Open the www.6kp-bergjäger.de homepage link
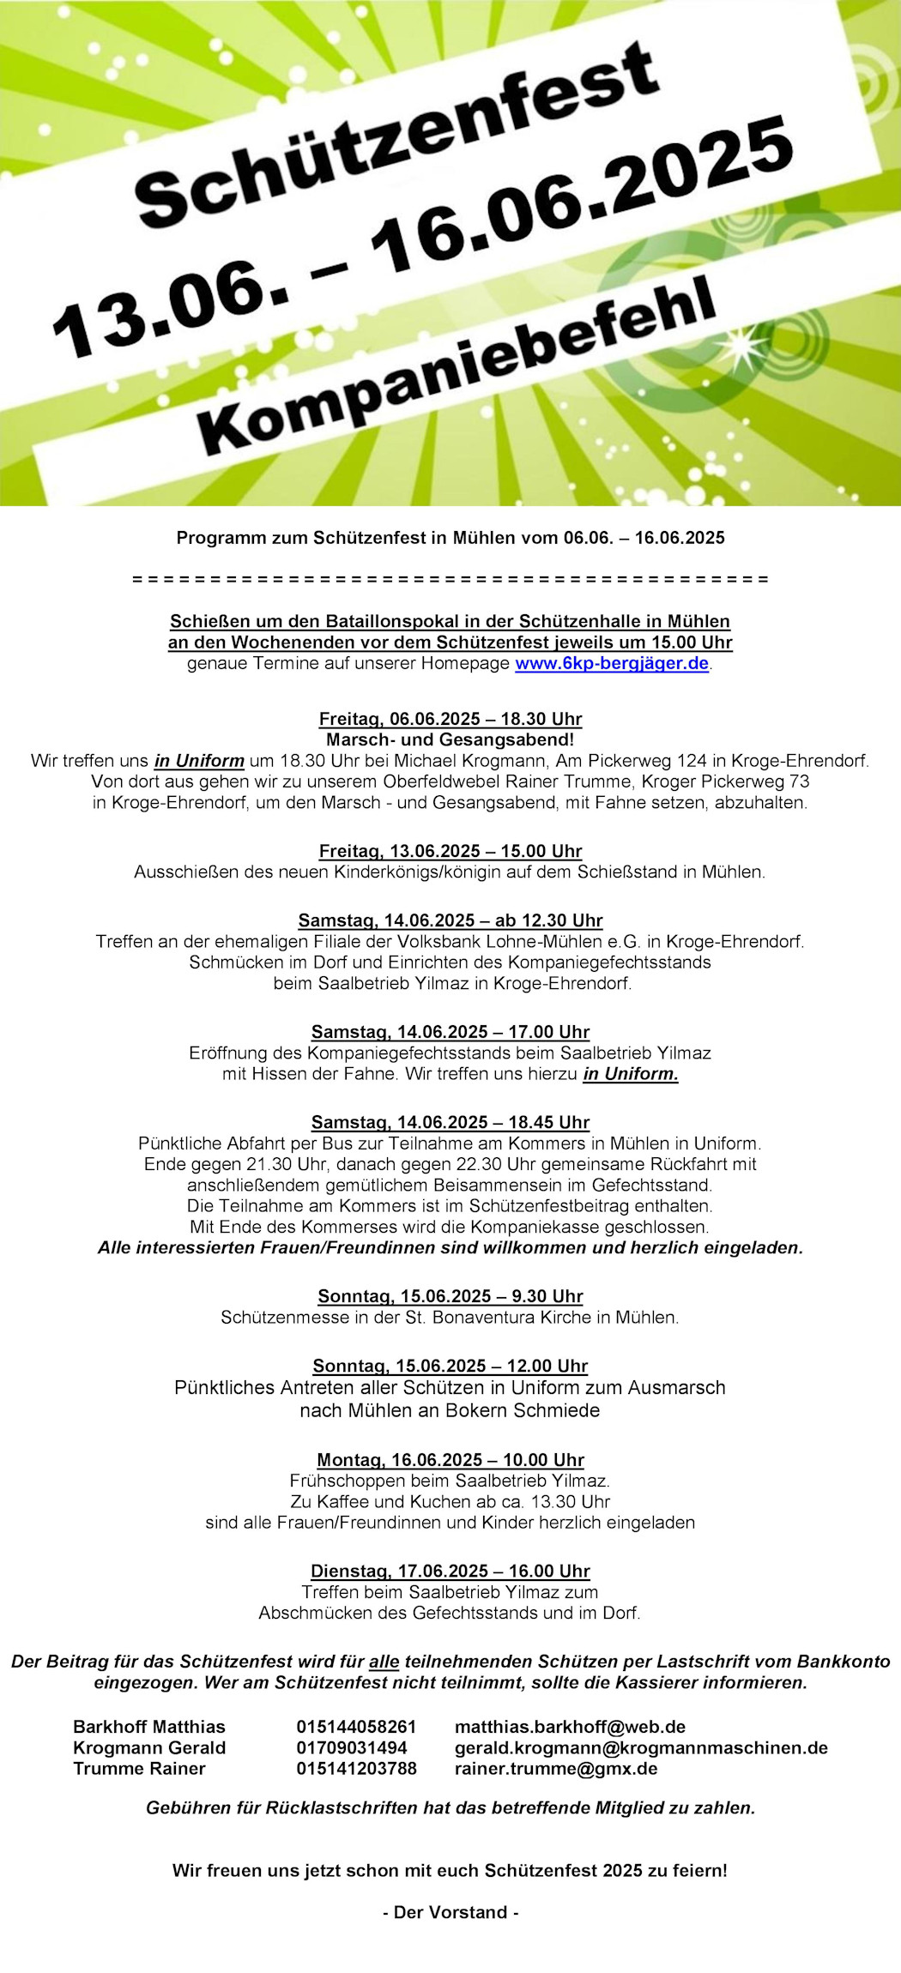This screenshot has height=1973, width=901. tap(612, 663)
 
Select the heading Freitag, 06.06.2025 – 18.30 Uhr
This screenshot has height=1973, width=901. tap(450, 719)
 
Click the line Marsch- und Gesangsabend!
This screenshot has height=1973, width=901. tap(450, 739)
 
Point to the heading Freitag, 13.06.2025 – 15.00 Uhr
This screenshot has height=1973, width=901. tap(450, 851)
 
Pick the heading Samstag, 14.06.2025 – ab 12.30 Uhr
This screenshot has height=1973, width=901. tap(450, 920)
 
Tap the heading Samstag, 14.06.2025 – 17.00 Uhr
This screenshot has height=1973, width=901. tap(450, 1031)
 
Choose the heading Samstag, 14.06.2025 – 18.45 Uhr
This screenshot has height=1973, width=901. tap(450, 1122)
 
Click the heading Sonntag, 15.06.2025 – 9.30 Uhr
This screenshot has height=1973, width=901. tap(450, 1296)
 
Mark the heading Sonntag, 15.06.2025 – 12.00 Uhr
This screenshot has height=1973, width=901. tap(450, 1366)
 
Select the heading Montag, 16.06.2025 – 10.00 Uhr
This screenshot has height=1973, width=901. tap(450, 1460)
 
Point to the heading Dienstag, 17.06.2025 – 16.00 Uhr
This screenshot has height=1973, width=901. tap(450, 1571)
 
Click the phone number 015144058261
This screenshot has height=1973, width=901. tap(356, 1727)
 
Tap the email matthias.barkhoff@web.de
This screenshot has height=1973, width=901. tap(570, 1727)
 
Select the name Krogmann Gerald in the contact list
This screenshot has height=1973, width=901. tap(149, 1747)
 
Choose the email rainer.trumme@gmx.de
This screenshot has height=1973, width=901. tap(556, 1768)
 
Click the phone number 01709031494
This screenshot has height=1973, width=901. tap(352, 1747)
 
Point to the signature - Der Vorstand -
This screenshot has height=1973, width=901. tap(450, 1912)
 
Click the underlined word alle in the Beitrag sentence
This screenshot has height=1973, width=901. tap(384, 1662)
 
